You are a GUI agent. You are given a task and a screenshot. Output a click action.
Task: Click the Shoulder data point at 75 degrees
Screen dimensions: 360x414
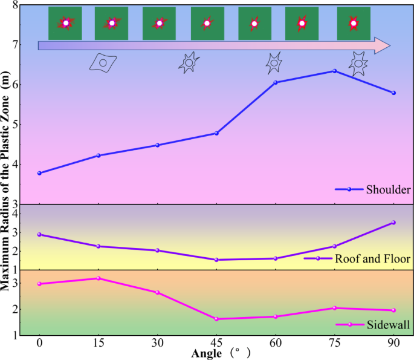click(x=334, y=71)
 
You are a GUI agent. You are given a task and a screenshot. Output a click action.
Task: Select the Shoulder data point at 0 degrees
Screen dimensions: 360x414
click(x=39, y=173)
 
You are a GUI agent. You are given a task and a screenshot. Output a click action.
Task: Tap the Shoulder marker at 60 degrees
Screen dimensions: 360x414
click(x=276, y=82)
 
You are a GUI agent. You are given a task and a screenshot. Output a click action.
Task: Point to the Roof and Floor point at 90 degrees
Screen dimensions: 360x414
click(x=393, y=223)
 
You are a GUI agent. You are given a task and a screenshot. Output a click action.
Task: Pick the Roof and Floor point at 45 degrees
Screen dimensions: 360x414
click(x=216, y=260)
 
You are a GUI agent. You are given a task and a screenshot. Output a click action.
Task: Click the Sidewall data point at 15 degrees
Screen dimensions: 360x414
click(x=99, y=278)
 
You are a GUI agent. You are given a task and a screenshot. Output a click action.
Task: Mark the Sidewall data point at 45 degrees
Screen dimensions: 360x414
click(x=216, y=319)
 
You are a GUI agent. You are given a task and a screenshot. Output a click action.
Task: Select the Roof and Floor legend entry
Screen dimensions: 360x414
click(x=357, y=258)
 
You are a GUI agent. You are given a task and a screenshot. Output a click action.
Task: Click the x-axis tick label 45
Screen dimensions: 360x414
click(x=216, y=342)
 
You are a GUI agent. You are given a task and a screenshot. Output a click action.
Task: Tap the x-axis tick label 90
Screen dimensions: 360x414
click(x=393, y=342)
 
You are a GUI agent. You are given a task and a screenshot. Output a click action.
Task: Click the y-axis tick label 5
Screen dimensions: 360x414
click(x=15, y=125)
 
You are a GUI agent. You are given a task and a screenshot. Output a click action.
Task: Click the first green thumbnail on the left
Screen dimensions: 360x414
click(x=65, y=24)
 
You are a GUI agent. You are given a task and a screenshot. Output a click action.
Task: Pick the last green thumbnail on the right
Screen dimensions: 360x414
click(x=354, y=24)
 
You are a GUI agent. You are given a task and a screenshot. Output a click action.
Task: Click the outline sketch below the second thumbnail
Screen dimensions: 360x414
click(x=103, y=62)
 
